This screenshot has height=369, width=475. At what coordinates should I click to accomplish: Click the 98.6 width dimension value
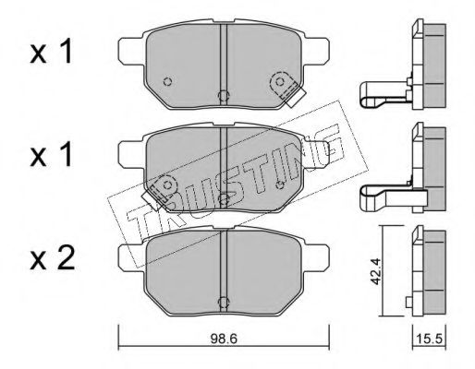click(224, 339)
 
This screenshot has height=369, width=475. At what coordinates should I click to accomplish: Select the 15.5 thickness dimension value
click(429, 339)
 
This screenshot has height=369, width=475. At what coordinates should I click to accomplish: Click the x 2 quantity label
click(52, 259)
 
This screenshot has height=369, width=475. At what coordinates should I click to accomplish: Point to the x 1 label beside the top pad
click(51, 53)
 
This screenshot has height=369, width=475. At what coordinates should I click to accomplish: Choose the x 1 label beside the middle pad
click(51, 156)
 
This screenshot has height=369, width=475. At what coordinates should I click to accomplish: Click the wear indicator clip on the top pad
click(286, 89)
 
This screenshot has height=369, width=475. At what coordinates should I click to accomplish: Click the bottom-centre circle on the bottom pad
click(224, 302)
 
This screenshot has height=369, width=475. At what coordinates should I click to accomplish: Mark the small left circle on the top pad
click(168, 82)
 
